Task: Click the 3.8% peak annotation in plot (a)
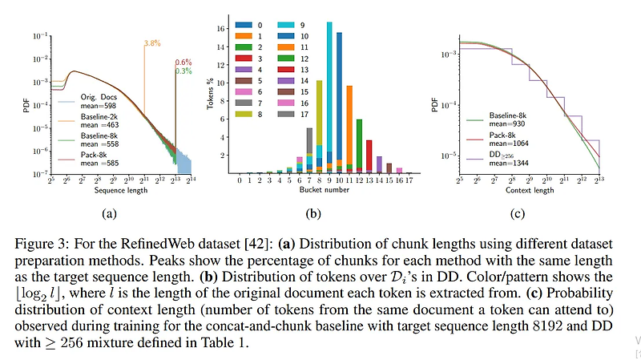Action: [x=151, y=42]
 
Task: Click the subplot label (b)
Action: [x=313, y=213]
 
